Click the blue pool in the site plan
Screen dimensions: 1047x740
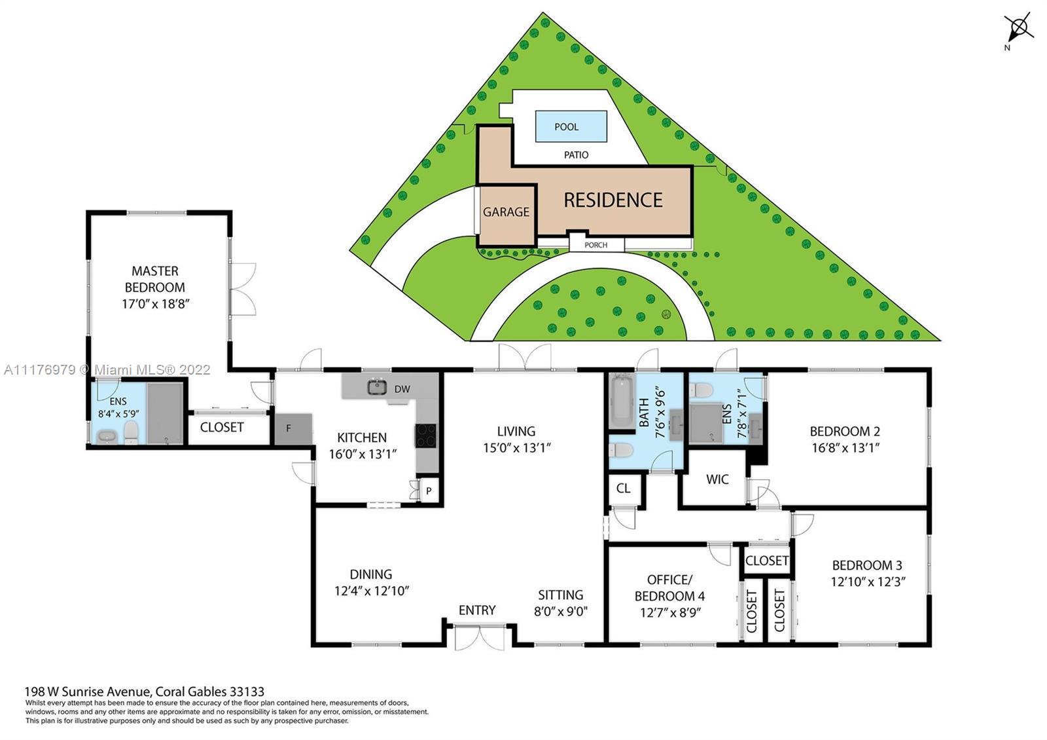571,126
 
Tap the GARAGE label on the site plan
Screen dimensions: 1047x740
506,212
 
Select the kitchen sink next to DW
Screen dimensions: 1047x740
377,387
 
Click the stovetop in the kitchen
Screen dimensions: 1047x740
426,435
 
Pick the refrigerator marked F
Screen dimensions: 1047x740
293,429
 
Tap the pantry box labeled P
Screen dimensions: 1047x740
429,490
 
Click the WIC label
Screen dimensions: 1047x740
717,479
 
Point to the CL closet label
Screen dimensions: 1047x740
623,489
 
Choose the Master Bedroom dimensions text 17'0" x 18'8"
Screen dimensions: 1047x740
155,304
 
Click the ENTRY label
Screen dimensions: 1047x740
477,610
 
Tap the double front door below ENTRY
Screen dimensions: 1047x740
480,637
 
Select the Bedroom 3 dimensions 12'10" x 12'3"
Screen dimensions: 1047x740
868,582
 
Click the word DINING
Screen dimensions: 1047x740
370,574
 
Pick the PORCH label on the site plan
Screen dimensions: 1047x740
596,245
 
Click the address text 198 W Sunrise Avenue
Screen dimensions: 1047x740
88,692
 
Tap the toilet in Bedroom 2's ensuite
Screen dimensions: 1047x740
701,390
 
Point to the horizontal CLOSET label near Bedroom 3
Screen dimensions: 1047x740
767,561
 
